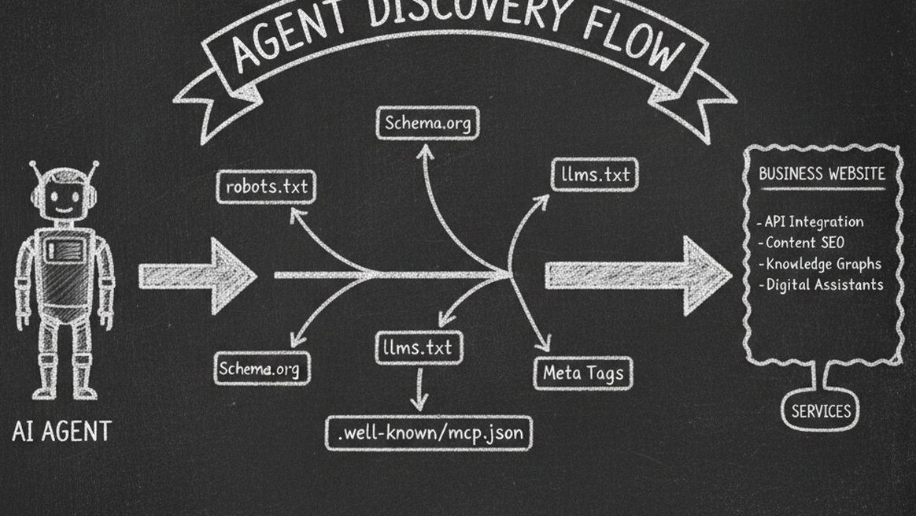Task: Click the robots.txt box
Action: coord(266,187)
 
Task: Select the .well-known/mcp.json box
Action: coord(429,432)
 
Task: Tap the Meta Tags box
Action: coord(583,373)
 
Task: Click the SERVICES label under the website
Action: coord(821,410)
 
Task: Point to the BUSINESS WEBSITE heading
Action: coord(822,174)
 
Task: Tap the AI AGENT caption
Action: coord(62,431)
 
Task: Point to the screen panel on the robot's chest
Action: coord(64,252)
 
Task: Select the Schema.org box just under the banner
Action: coord(427,124)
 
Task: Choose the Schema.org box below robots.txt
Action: coord(263,369)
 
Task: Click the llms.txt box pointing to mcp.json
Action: coord(418,347)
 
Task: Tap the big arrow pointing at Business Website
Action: coord(638,275)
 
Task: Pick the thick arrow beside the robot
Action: coord(197,276)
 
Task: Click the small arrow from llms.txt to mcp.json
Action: coord(419,388)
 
